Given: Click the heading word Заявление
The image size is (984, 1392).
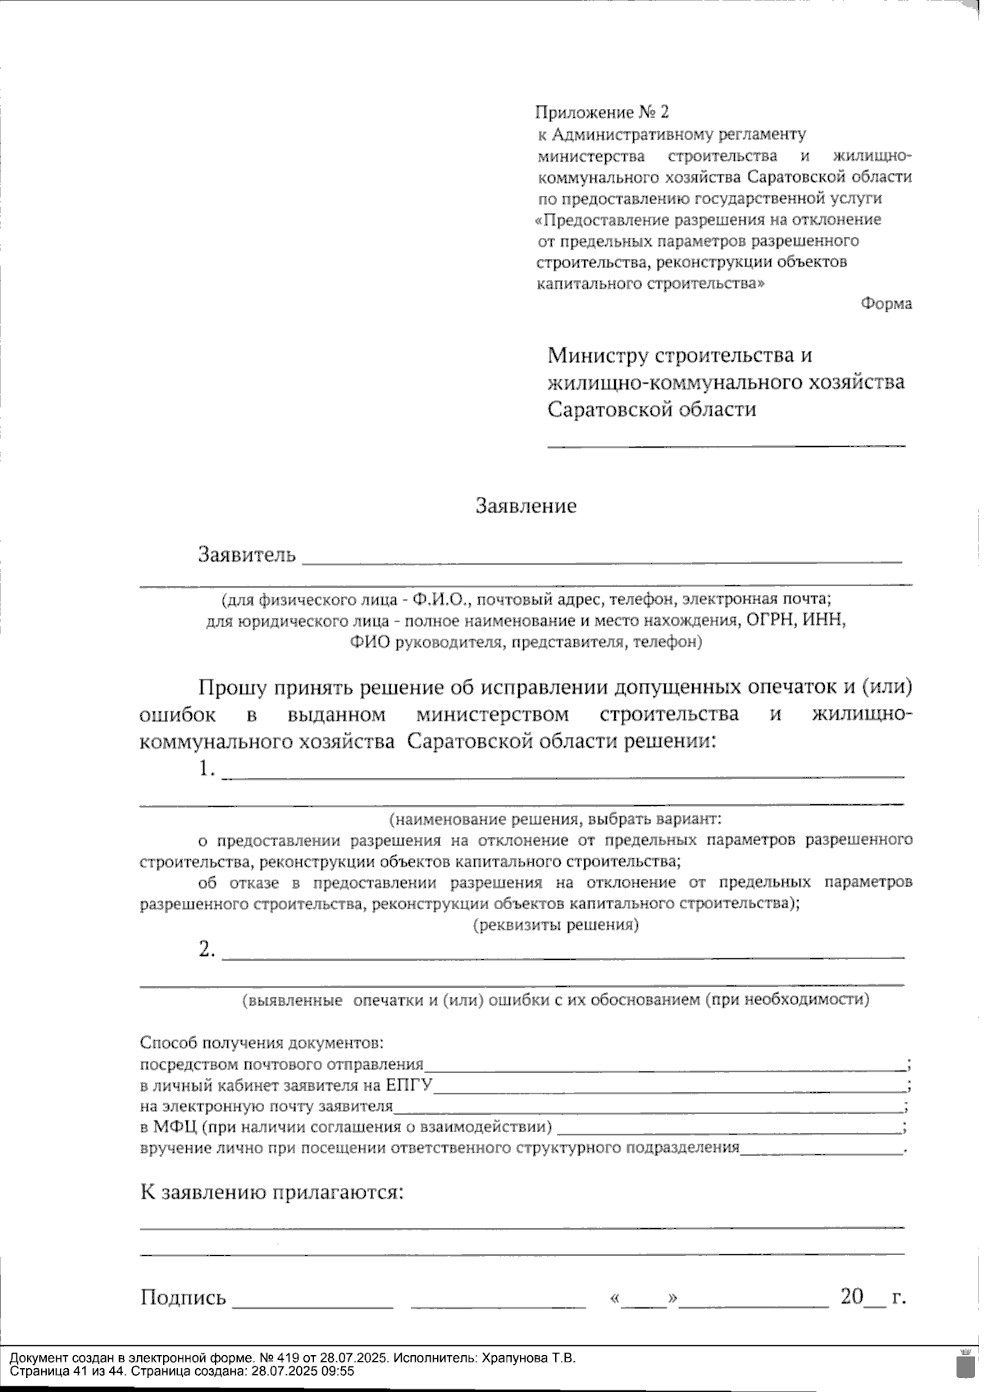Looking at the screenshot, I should tap(526, 506).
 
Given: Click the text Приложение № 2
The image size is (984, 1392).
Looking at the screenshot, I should tap(602, 112).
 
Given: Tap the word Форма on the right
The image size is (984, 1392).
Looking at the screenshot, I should tap(886, 304).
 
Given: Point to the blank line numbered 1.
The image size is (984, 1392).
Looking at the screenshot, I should tap(563, 774).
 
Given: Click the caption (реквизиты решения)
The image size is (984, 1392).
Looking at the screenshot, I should tap(555, 926).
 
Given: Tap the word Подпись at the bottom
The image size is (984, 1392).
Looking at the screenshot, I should tap(183, 1298).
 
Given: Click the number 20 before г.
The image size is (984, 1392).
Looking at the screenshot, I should tap(852, 1296).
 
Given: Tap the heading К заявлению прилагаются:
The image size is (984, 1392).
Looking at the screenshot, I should tap(272, 1192).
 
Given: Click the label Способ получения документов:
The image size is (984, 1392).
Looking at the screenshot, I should tap(262, 1044).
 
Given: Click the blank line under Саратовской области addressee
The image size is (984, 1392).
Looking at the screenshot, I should tap(726, 445).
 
